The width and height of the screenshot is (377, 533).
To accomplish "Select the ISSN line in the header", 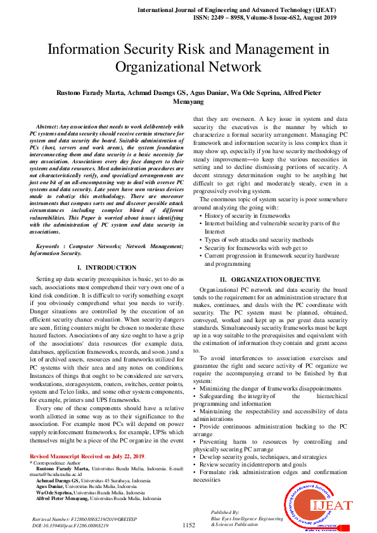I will [273, 19].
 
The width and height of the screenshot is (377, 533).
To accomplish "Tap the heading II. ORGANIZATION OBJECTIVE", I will [270, 279].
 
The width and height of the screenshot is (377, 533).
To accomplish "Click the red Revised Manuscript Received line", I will [87, 456].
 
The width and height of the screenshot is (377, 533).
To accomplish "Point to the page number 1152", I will [188, 525].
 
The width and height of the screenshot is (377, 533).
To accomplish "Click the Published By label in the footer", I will [224, 511].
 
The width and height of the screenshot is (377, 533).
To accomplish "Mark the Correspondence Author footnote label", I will [54, 463].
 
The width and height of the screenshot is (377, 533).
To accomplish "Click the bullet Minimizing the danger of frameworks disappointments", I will [270, 388].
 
